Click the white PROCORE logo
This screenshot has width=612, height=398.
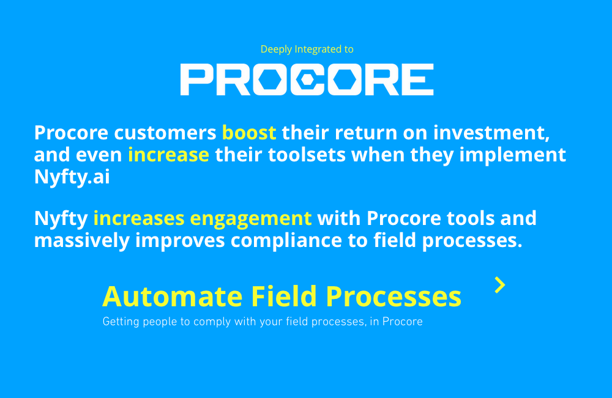pyautogui.click(x=307, y=79)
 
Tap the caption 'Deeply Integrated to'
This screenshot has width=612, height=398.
pyautogui.click(x=307, y=49)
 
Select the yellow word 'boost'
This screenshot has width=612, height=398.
pyautogui.click(x=249, y=132)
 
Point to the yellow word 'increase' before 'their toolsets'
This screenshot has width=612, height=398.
pyautogui.click(x=168, y=154)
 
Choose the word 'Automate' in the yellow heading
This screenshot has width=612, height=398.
pyautogui.click(x=172, y=297)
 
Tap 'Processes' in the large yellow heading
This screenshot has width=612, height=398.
pyautogui.click(x=393, y=297)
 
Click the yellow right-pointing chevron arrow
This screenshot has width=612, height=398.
pyautogui.click(x=500, y=285)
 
